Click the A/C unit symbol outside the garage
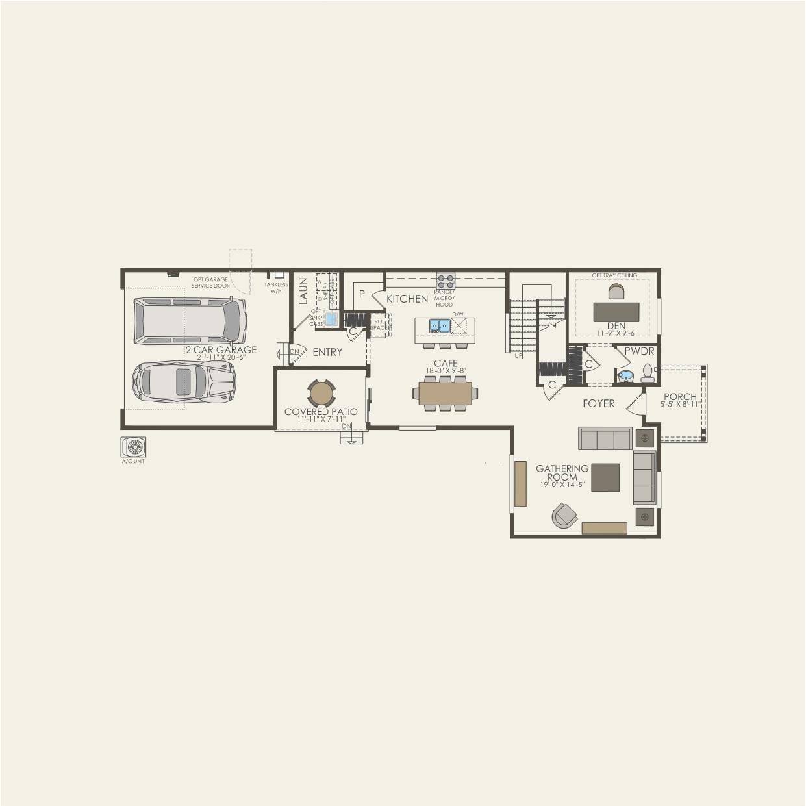pos(134,447)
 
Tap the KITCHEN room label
pos(407,299)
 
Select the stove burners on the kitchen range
pos(446,281)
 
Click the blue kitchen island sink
pos(440,325)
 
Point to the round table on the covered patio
pos(321,393)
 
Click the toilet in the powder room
pos(647,373)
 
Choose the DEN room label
pos(616,326)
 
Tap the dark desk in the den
pos(616,312)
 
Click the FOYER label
pos(598,403)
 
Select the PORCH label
pos(680,396)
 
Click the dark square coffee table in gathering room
pos(605,477)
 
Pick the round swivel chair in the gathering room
pos(564,516)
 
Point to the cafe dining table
pos(446,394)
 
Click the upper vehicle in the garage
pos(190,321)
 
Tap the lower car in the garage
pos(184,382)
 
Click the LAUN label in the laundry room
pos(303,291)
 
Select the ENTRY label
pos(327,352)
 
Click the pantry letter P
pos(362,294)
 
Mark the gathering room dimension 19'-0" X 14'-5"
pos(562,485)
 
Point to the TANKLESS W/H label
pos(276,288)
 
